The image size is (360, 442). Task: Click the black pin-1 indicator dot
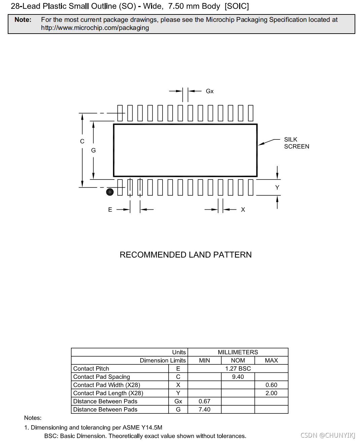pyautogui.click(x=110, y=192)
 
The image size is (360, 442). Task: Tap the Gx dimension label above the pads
pyautogui.click(x=210, y=91)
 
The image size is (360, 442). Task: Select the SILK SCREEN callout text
pyautogui.click(x=296, y=143)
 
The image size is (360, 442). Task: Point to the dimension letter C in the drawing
pyautogui.click(x=82, y=141)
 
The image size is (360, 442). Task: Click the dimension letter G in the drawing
pyautogui.click(x=94, y=150)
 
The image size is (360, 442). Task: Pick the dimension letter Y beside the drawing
pyautogui.click(x=277, y=188)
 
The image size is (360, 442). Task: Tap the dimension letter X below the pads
pyautogui.click(x=243, y=210)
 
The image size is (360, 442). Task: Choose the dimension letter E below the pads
pyautogui.click(x=110, y=210)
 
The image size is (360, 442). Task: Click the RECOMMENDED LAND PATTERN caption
pyautogui.click(x=185, y=255)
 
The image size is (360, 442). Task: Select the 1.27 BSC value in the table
pyautogui.click(x=238, y=369)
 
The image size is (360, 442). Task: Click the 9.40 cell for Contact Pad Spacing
pyautogui.click(x=238, y=377)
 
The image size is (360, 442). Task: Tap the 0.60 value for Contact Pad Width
pyautogui.click(x=271, y=385)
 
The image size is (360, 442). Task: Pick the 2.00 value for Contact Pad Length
pyautogui.click(x=271, y=393)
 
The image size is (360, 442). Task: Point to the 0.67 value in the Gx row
pyautogui.click(x=204, y=401)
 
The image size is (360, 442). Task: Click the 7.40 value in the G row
pyautogui.click(x=204, y=409)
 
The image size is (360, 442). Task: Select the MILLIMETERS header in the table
pyautogui.click(x=238, y=352)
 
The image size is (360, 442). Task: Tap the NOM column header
pyautogui.click(x=238, y=360)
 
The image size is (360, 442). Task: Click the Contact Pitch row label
pyautogui.click(x=91, y=369)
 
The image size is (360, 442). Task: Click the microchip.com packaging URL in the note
pyautogui.click(x=95, y=28)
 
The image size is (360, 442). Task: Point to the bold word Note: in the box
pyautogui.click(x=23, y=20)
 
